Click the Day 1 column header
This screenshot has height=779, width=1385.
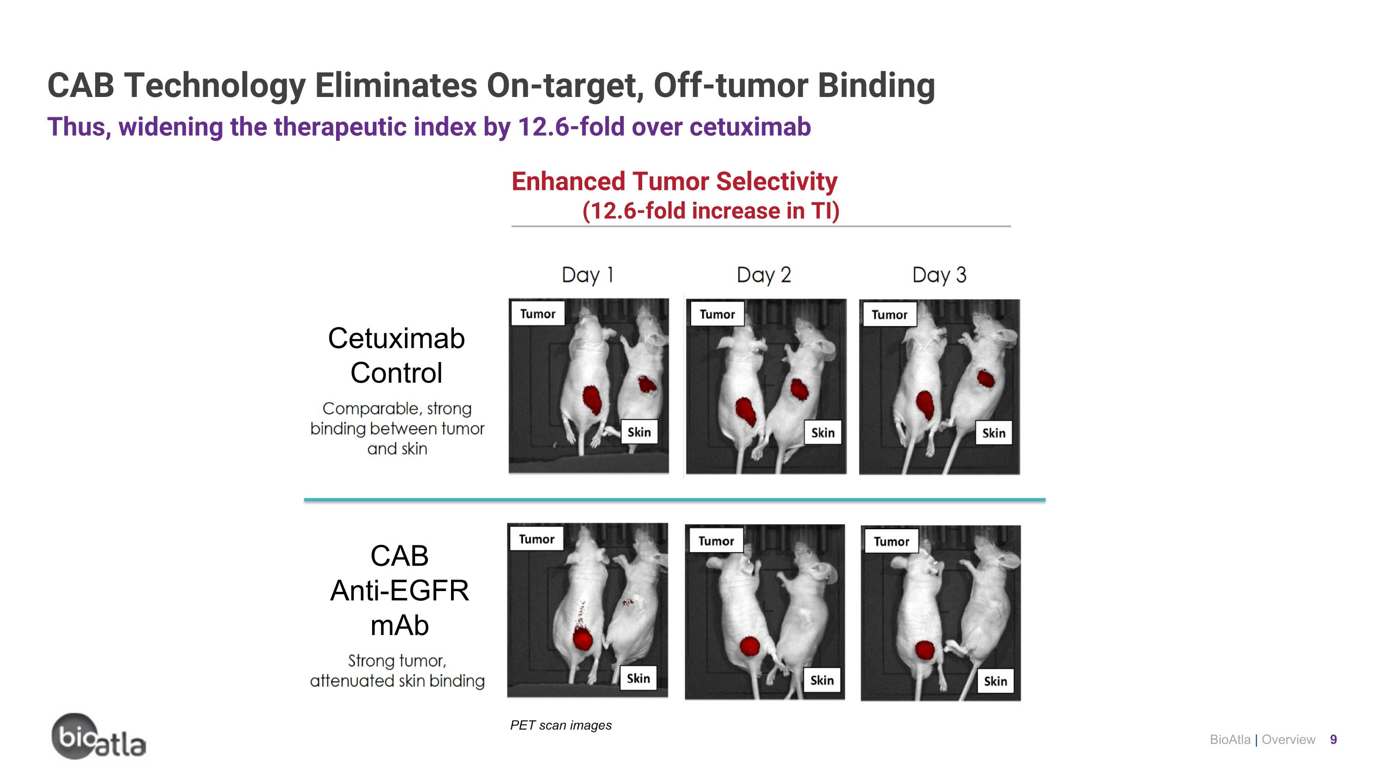587,275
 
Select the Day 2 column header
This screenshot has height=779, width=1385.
764,275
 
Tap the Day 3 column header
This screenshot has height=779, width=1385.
939,275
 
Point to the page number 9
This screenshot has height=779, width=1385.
1333,740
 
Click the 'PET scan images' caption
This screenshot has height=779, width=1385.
561,725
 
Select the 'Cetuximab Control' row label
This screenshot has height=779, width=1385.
397,356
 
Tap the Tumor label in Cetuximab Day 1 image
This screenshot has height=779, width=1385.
537,314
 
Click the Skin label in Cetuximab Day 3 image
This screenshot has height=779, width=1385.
994,433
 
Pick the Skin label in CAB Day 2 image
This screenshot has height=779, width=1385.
822,681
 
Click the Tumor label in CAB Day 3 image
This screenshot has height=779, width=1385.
891,541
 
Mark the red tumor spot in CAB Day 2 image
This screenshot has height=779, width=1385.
749,646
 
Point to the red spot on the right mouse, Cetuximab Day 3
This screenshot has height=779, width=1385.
986,379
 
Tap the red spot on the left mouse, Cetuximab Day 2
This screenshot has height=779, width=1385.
746,411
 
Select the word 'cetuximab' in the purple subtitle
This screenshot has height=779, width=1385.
750,127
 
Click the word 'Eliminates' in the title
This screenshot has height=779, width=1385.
396,85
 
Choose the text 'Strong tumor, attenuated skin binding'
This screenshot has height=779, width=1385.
397,670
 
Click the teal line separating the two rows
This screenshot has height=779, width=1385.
674,500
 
